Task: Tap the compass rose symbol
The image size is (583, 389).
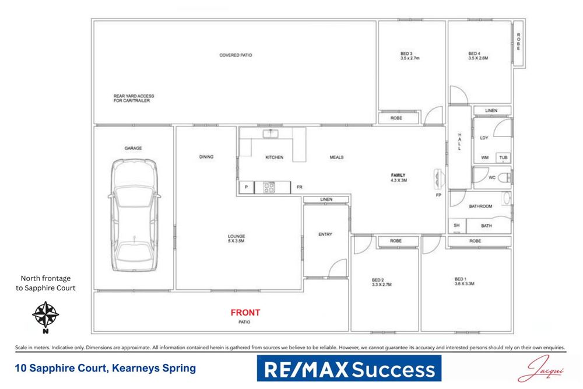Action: (x=45, y=315)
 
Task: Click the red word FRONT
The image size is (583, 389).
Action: (x=245, y=313)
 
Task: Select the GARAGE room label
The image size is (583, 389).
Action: (x=133, y=148)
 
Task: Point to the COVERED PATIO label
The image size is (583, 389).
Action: (x=236, y=55)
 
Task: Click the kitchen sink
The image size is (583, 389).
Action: (x=271, y=134)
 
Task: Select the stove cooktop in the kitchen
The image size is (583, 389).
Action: (x=270, y=187)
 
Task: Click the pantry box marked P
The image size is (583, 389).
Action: (x=246, y=187)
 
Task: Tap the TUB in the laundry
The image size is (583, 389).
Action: (x=503, y=157)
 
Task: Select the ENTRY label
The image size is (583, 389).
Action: (x=325, y=234)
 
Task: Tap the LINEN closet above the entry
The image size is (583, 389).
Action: (x=326, y=199)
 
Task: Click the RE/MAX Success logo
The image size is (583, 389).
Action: (x=349, y=370)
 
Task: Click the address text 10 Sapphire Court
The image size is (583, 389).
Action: (x=105, y=369)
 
